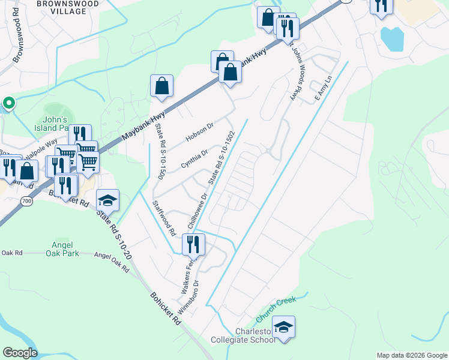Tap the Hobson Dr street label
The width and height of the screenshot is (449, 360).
pyautogui.click(x=200, y=132)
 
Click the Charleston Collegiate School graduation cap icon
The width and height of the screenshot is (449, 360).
pyautogui.click(x=283, y=327)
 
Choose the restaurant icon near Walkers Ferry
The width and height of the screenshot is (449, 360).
pyautogui.click(x=193, y=244)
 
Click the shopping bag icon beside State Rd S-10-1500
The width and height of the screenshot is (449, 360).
pyautogui.click(x=162, y=85)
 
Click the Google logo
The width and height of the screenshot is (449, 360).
pyautogui.click(x=20, y=353)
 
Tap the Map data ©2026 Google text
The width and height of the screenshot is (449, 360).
pyautogui.click(x=412, y=355)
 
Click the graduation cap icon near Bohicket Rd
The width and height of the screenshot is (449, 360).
pyautogui.click(x=108, y=200)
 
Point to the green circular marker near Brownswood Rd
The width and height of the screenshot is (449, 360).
pyautogui.click(x=8, y=103)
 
